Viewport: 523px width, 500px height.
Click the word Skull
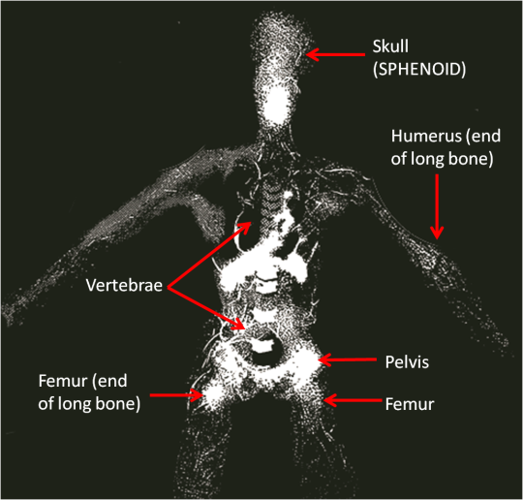click(x=390, y=47)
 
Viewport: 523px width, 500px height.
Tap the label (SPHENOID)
click(x=419, y=70)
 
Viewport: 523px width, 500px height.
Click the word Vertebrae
click(x=124, y=286)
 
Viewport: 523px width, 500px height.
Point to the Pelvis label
click(x=407, y=361)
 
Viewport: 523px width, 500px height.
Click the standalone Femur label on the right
click(x=410, y=404)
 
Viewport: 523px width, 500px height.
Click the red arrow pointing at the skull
click(x=335, y=54)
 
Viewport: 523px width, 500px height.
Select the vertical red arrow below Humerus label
click(x=437, y=206)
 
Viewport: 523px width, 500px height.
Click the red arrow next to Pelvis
click(x=348, y=359)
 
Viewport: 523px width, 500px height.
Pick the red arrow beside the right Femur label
click(x=353, y=400)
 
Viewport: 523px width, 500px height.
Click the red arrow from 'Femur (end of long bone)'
click(x=177, y=395)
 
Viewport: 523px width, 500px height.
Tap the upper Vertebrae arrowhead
click(x=245, y=227)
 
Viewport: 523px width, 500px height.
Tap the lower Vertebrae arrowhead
click(x=239, y=323)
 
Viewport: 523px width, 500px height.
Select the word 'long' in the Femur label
click(x=76, y=404)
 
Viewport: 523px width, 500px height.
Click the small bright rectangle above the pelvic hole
click(x=262, y=347)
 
